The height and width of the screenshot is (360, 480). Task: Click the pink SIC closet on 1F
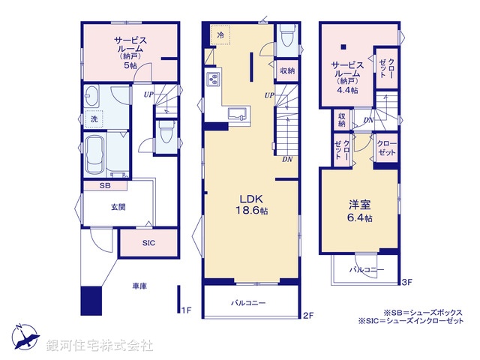[148, 243]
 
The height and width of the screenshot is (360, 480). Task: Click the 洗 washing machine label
[94, 119]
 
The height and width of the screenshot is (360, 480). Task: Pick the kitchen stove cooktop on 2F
[212, 79]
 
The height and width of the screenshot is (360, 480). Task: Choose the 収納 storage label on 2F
[286, 70]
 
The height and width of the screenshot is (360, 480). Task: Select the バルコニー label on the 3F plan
[367, 269]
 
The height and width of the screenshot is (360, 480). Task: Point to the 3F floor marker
[406, 282]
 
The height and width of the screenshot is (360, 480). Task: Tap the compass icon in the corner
[23, 337]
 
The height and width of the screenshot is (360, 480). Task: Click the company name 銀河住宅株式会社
[99, 346]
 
